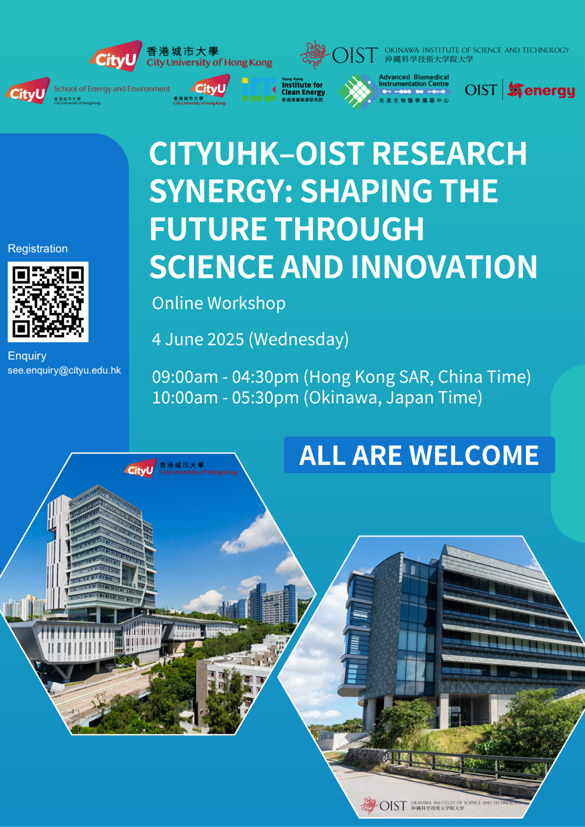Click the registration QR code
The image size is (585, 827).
(48, 301)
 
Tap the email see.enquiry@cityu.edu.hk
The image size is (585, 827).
(64, 370)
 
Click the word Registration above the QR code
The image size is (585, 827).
(38, 249)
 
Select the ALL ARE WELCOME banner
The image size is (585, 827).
(419, 455)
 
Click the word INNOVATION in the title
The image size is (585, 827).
(444, 267)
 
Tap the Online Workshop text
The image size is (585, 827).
(218, 303)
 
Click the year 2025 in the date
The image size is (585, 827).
(226, 339)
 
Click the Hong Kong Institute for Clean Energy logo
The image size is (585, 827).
(283, 89)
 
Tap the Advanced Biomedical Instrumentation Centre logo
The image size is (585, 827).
(394, 90)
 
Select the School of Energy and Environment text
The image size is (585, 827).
(112, 89)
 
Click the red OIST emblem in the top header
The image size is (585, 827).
(315, 55)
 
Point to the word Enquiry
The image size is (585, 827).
(27, 356)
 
